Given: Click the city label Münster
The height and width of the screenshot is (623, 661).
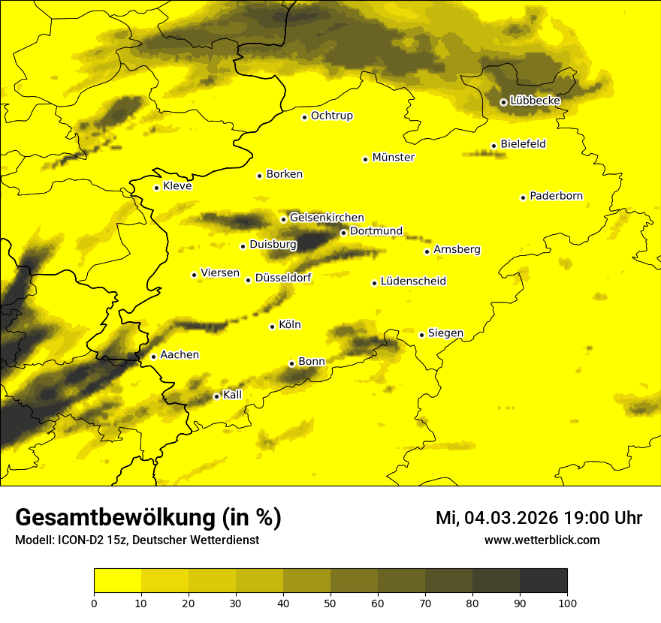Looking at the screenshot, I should click(x=393, y=158).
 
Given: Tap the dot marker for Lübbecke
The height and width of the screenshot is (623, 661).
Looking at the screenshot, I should click(x=503, y=102).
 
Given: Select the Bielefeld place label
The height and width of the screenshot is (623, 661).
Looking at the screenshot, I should click(x=523, y=144).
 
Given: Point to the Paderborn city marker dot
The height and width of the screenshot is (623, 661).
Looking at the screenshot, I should click(x=523, y=197).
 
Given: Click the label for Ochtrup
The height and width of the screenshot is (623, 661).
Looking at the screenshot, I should click(x=331, y=116).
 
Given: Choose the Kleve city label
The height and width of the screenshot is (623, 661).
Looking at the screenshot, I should click(x=177, y=186).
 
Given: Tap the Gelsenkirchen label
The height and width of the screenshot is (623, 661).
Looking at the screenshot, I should click(x=327, y=218).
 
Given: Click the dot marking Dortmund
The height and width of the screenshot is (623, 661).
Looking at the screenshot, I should click(x=343, y=233).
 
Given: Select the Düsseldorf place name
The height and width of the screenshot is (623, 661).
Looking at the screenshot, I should click(x=283, y=278).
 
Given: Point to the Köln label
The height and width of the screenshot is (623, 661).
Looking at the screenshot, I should click(x=289, y=325).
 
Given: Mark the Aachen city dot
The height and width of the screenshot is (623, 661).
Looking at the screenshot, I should click(x=153, y=357).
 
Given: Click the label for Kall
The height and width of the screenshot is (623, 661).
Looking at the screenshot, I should click(x=232, y=395).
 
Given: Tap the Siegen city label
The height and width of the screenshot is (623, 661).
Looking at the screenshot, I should click(x=445, y=333).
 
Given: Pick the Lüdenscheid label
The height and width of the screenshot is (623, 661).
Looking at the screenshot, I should click(x=413, y=281).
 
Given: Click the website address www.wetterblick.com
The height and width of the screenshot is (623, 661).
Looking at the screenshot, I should click(x=542, y=540).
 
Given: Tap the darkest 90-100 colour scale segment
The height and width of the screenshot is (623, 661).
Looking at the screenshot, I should click(x=543, y=581).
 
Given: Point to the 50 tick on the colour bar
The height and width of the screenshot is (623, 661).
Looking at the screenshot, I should click(x=330, y=602).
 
